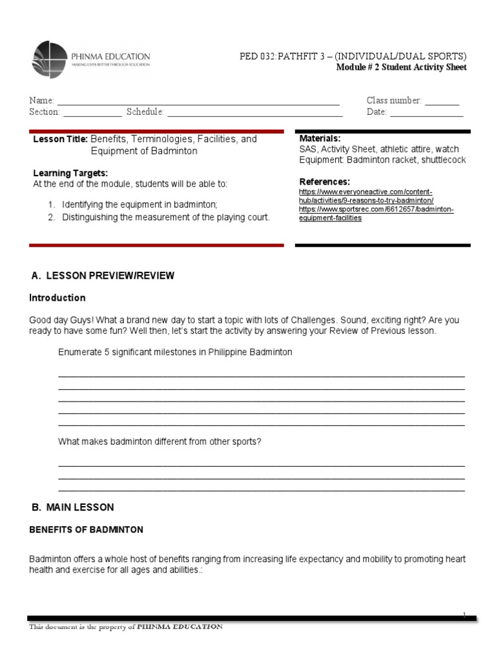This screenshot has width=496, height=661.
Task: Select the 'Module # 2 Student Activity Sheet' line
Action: point(401,68)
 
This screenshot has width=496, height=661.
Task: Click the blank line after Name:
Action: point(198,101)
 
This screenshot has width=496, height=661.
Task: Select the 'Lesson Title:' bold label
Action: point(60,139)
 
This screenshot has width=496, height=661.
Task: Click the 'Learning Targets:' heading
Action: point(70,173)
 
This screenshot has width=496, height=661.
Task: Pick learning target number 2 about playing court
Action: point(165,218)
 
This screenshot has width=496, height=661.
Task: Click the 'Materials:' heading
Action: point(320,139)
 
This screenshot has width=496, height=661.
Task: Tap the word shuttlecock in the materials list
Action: point(443,159)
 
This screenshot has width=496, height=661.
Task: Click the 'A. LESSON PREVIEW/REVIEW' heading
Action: point(103,276)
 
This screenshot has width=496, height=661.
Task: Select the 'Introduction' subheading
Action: point(57,298)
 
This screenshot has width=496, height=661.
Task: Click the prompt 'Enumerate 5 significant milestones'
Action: point(175,352)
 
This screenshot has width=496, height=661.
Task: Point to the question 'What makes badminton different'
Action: point(160,442)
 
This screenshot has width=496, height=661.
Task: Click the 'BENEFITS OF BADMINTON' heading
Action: point(86,530)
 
